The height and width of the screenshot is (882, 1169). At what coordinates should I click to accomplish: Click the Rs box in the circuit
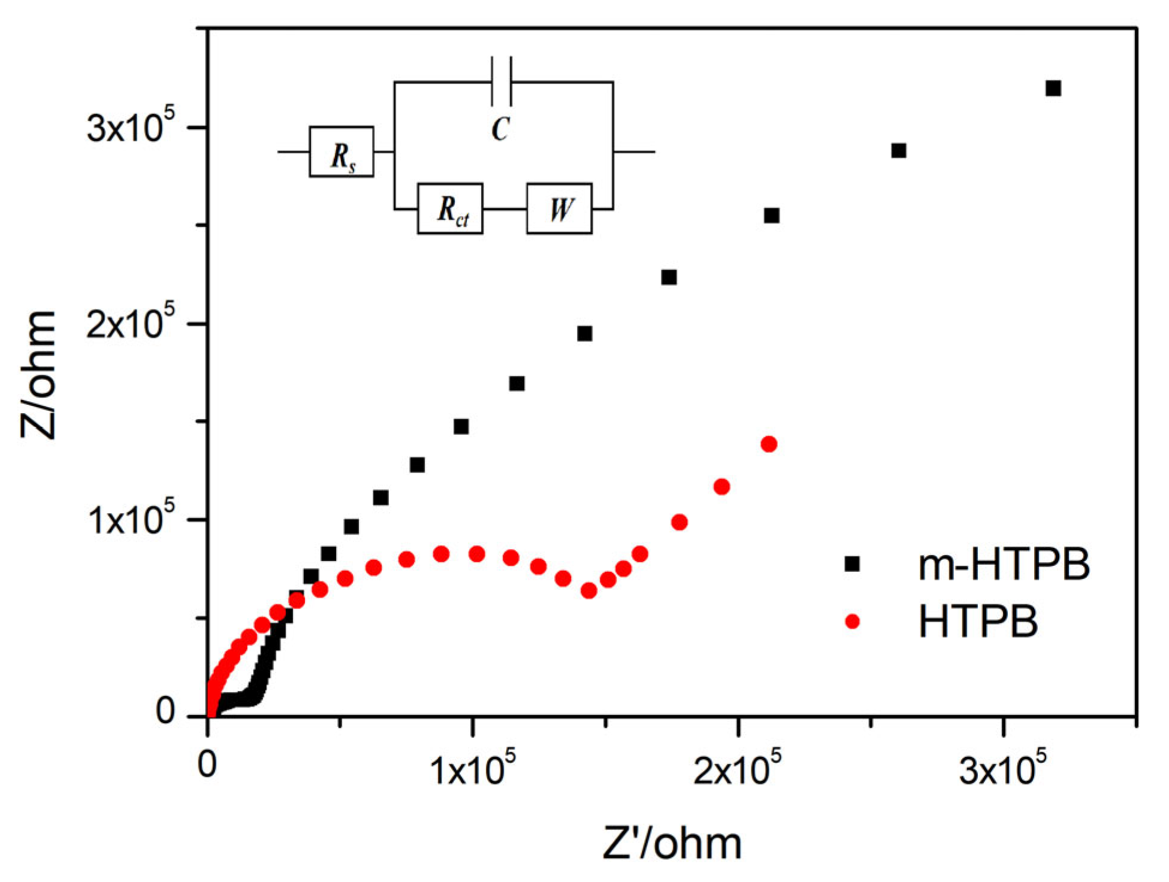tap(341, 151)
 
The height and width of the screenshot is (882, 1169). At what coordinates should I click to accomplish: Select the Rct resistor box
tap(450, 208)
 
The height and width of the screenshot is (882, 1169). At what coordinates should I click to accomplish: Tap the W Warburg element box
tap(559, 208)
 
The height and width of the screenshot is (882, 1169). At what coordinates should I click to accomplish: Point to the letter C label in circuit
tap(500, 128)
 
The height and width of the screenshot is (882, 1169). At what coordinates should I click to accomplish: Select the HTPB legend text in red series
tap(978, 622)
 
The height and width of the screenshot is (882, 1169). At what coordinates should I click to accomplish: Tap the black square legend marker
tap(851, 563)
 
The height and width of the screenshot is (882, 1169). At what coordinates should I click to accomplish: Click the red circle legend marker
tap(851, 622)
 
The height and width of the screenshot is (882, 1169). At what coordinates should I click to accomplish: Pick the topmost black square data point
tap(1053, 89)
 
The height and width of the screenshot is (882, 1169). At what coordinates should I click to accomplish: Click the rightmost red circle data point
tap(769, 444)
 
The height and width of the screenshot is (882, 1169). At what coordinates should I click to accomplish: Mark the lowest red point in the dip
tap(588, 591)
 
